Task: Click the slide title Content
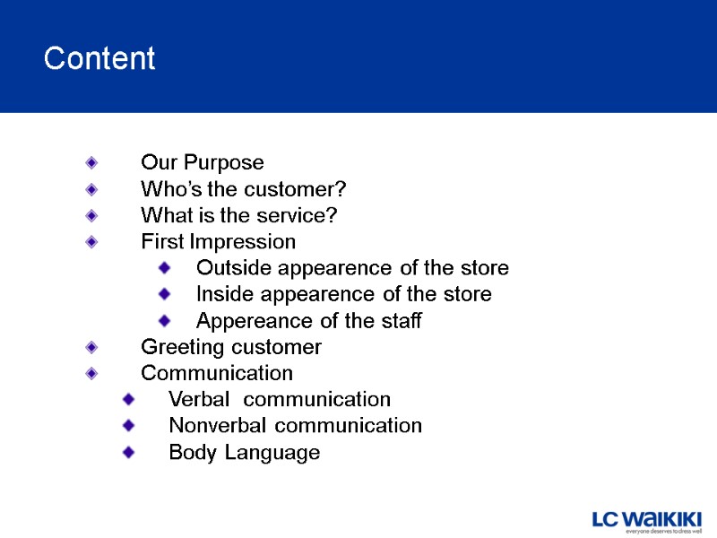tap(99, 59)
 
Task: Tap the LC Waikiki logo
tap(646, 521)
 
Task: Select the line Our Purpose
tap(203, 163)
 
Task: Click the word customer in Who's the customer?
tap(301, 190)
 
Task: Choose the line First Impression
tap(218, 242)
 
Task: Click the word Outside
tap(229, 268)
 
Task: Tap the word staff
tap(401, 321)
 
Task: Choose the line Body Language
tap(244, 453)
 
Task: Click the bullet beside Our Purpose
tap(91, 163)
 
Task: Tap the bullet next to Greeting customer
tap(91, 347)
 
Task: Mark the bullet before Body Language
tap(129, 452)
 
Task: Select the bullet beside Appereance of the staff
tap(164, 320)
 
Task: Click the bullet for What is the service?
tap(91, 216)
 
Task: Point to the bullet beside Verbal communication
tap(129, 399)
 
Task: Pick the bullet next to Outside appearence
tap(164, 267)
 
